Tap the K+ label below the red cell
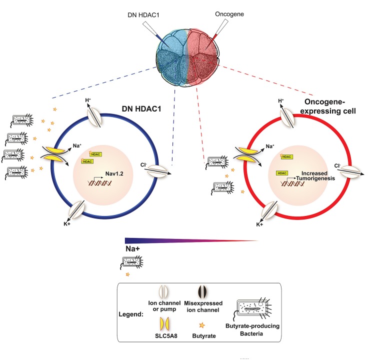260,225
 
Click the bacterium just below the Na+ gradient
131,261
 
